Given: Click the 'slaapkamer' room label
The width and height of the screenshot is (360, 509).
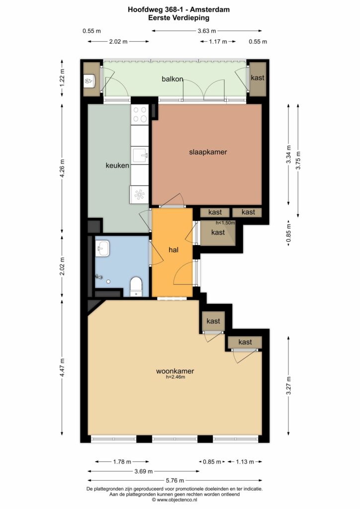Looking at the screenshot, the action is pyautogui.click(x=208, y=152).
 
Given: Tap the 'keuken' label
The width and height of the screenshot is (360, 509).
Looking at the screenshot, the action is pyautogui.click(x=117, y=166).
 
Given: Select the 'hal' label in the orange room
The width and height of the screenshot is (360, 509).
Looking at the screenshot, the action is pyautogui.click(x=174, y=250).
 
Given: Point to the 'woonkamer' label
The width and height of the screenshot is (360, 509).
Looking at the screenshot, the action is pyautogui.click(x=175, y=371).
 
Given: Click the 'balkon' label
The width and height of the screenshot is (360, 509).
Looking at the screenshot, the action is pyautogui.click(x=173, y=79).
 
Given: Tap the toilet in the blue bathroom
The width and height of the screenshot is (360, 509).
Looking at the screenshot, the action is pyautogui.click(x=136, y=287).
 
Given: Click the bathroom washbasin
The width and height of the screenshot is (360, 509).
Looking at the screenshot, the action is pyautogui.click(x=103, y=249).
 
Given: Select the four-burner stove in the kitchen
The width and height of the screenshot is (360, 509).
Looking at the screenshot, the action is pyautogui.click(x=140, y=114).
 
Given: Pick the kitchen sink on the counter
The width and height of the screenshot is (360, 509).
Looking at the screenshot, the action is pyautogui.click(x=140, y=155).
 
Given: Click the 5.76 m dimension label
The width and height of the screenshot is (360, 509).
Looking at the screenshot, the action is pyautogui.click(x=175, y=481).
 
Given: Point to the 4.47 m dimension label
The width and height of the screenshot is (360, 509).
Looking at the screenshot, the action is pyautogui.click(x=62, y=367).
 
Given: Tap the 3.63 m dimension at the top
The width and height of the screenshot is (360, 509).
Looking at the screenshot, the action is pyautogui.click(x=207, y=31).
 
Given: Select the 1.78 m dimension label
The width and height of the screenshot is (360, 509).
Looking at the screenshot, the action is pyautogui.click(x=122, y=462).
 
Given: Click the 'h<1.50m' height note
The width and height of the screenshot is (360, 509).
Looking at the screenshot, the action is pyautogui.click(x=225, y=223).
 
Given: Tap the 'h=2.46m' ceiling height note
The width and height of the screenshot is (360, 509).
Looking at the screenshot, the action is pyautogui.click(x=176, y=377).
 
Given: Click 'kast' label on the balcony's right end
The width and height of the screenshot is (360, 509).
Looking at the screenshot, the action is pyautogui.click(x=258, y=78).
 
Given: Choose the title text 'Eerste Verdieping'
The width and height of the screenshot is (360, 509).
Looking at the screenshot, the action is pyautogui.click(x=179, y=18).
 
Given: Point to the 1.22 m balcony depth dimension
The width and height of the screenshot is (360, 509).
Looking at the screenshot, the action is pyautogui.click(x=62, y=78).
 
